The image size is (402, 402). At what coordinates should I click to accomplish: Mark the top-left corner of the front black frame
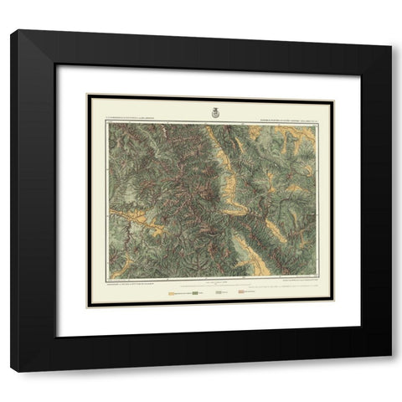coord(11,31)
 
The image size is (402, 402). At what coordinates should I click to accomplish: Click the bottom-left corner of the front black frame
coord(11,371)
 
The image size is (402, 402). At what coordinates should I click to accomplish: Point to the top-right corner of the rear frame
coord(391,46)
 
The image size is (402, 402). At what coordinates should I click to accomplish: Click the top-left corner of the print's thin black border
coord(88,95)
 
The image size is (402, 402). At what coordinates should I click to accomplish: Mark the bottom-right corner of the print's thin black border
coord(334,307)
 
